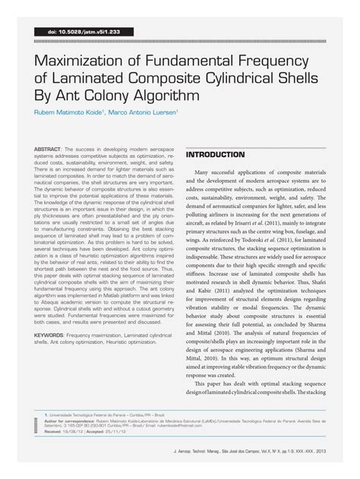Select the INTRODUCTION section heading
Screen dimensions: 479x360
point(216,154)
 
